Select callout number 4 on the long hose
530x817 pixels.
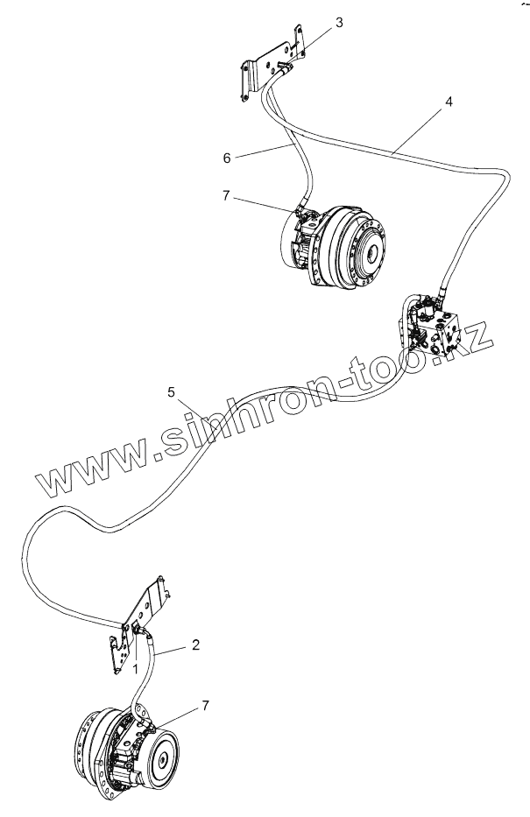[449, 102]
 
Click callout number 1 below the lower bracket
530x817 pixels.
[135, 667]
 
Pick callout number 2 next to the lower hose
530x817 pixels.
[195, 645]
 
